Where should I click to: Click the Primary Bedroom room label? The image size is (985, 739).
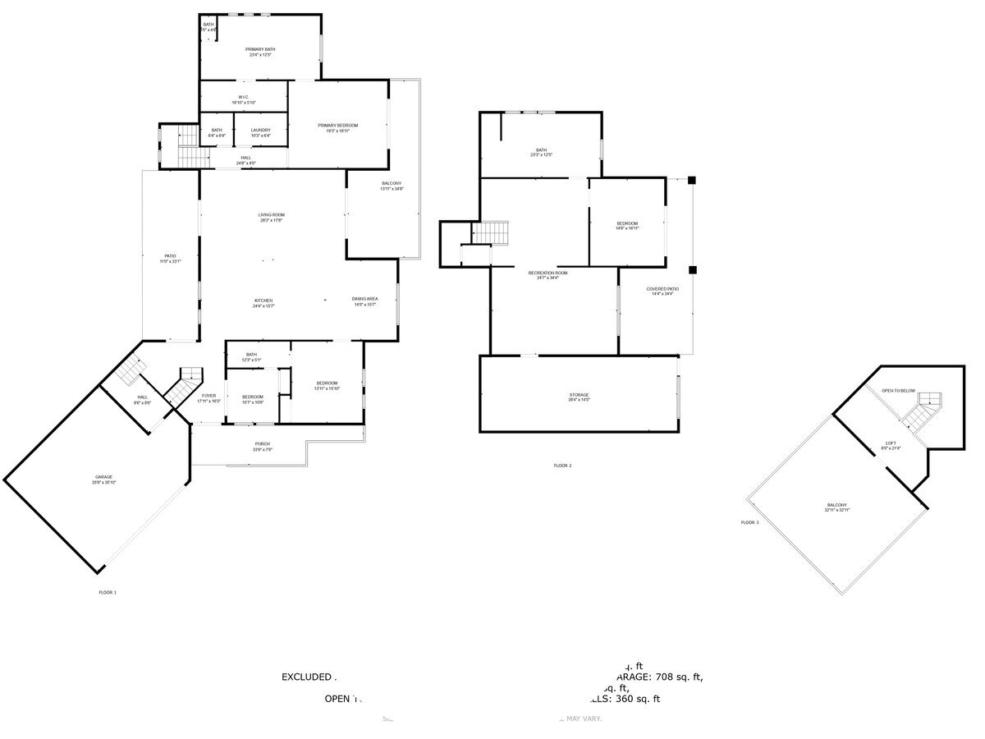tap(338, 126)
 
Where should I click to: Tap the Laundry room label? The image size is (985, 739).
tap(260, 130)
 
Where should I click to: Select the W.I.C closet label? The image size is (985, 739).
tap(244, 97)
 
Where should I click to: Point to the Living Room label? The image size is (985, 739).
tap(271, 215)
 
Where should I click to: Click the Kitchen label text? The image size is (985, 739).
tap(263, 301)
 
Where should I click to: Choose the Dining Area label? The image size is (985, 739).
tap(364, 299)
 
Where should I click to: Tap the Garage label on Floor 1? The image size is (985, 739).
tap(103, 477)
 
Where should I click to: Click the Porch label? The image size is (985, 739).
tap(263, 444)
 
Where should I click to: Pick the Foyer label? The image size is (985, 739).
tap(208, 396)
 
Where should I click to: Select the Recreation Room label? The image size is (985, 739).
tap(547, 273)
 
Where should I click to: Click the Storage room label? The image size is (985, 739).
tap(579, 395)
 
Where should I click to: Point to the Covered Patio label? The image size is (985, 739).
tap(662, 289)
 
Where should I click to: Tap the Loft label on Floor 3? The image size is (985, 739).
tap(891, 443)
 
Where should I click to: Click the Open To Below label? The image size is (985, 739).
tap(898, 391)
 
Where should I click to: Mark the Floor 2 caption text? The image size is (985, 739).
tap(562, 466)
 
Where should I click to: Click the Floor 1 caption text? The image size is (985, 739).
tap(108, 592)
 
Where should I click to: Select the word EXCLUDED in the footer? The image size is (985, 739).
tap(306, 677)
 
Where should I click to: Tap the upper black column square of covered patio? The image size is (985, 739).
tap(692, 180)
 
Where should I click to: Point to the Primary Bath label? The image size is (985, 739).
tap(260, 49)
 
